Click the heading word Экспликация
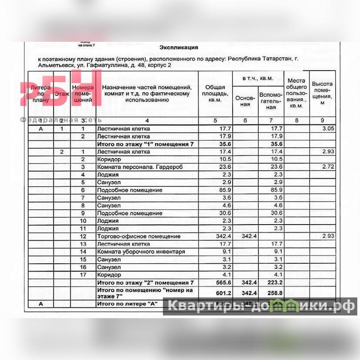(179, 47)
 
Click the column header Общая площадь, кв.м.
(215, 94)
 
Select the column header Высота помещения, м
(322, 93)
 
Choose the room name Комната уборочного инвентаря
(141, 252)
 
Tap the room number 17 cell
(83, 274)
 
